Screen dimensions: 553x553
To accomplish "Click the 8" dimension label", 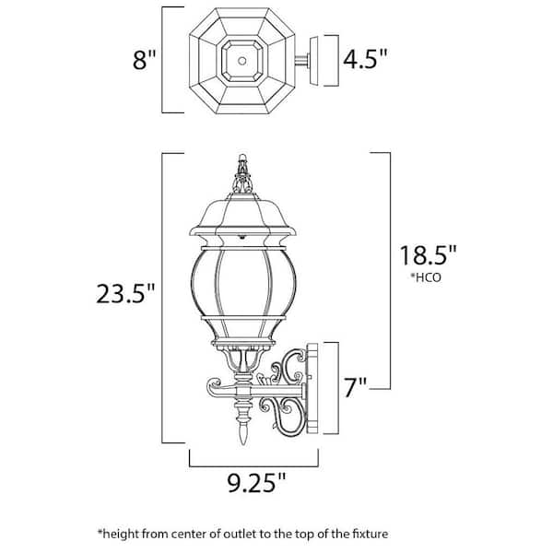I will (x=145, y=61).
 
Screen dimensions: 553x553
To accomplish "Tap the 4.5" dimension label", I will (x=364, y=60).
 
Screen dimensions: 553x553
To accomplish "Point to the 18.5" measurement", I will (x=429, y=255).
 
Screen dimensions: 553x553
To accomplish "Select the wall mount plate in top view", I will (x=323, y=61).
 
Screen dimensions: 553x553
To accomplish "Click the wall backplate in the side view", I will (x=312, y=387).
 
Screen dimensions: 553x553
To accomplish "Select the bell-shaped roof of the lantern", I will (x=243, y=221).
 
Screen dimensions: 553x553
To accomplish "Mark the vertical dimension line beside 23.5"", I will (x=163, y=295).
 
